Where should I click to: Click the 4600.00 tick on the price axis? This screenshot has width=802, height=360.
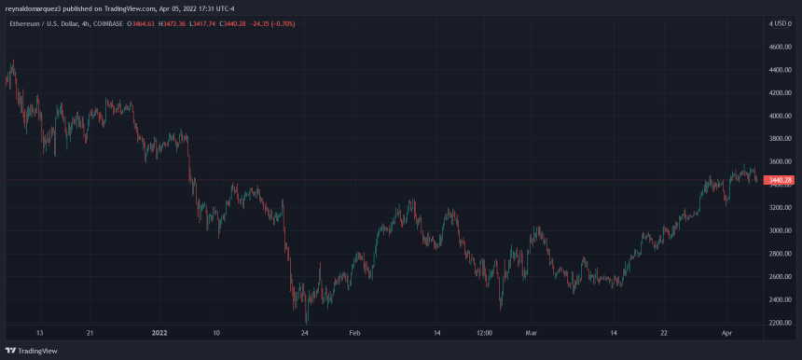click(x=780, y=47)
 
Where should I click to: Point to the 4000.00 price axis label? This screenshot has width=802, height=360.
click(x=780, y=117)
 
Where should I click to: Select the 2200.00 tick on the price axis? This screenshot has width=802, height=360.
click(x=780, y=323)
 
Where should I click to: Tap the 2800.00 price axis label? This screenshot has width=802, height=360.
click(x=780, y=254)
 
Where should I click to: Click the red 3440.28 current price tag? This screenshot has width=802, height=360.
click(x=780, y=180)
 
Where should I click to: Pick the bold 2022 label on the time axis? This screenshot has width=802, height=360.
click(x=160, y=331)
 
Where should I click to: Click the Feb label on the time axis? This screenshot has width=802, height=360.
click(x=353, y=331)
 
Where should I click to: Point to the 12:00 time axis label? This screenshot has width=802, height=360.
click(x=483, y=331)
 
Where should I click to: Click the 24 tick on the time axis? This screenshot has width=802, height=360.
click(x=305, y=331)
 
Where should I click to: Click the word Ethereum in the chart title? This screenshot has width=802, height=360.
click(x=23, y=22)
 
